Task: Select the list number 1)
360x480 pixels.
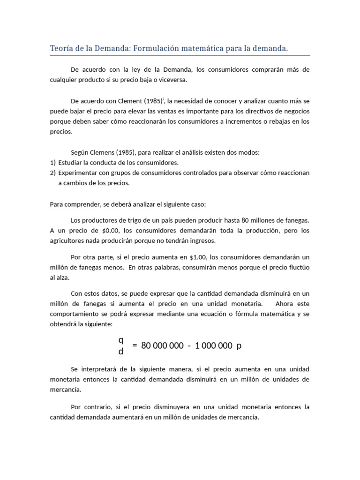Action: tap(52, 163)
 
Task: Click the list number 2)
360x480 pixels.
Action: tap(52, 173)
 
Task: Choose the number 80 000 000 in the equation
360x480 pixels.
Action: tap(162, 346)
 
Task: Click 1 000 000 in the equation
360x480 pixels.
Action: tap(213, 346)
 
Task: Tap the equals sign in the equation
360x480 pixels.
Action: tap(135, 346)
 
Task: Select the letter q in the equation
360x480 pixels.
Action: tap(121, 340)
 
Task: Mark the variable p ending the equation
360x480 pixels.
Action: tap(239, 346)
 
